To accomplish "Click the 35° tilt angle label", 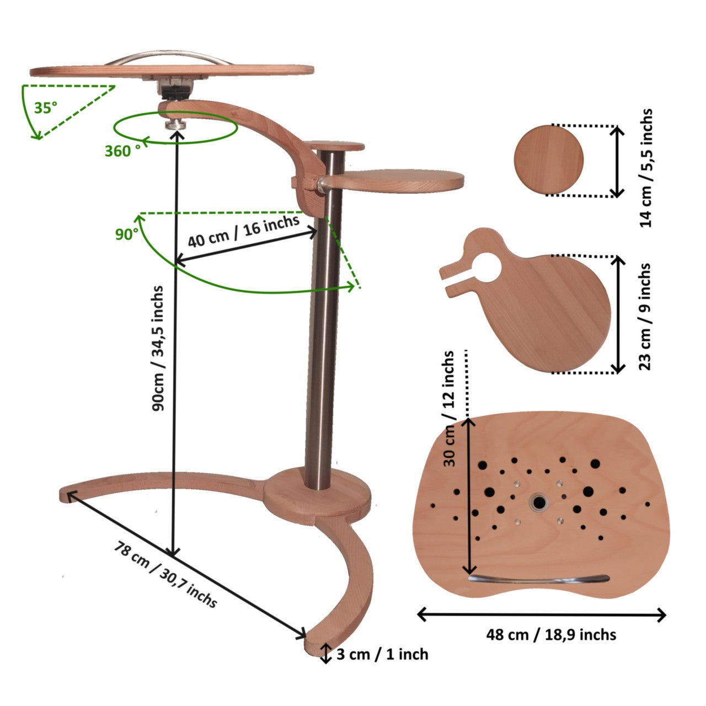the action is pyautogui.click(x=46, y=108).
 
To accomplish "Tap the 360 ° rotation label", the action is pyautogui.click(x=122, y=151).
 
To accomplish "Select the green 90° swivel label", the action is pyautogui.click(x=127, y=234).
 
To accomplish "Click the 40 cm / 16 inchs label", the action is pyautogui.click(x=244, y=231).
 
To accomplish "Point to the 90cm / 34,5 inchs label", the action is pyautogui.click(x=158, y=348).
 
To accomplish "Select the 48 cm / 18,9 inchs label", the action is pyautogui.click(x=551, y=634).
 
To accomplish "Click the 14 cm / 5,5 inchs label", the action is pyautogui.click(x=646, y=168).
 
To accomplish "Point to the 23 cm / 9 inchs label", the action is pyautogui.click(x=645, y=317).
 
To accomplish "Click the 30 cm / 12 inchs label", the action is pyautogui.click(x=449, y=409).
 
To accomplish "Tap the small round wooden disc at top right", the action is pyautogui.click(x=549, y=160).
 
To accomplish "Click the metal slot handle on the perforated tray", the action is pyautogui.click(x=538, y=579).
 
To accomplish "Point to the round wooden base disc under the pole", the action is pyautogui.click(x=317, y=495).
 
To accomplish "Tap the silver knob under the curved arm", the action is pyautogui.click(x=176, y=123).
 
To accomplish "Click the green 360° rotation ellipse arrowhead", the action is pyautogui.click(x=146, y=140).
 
